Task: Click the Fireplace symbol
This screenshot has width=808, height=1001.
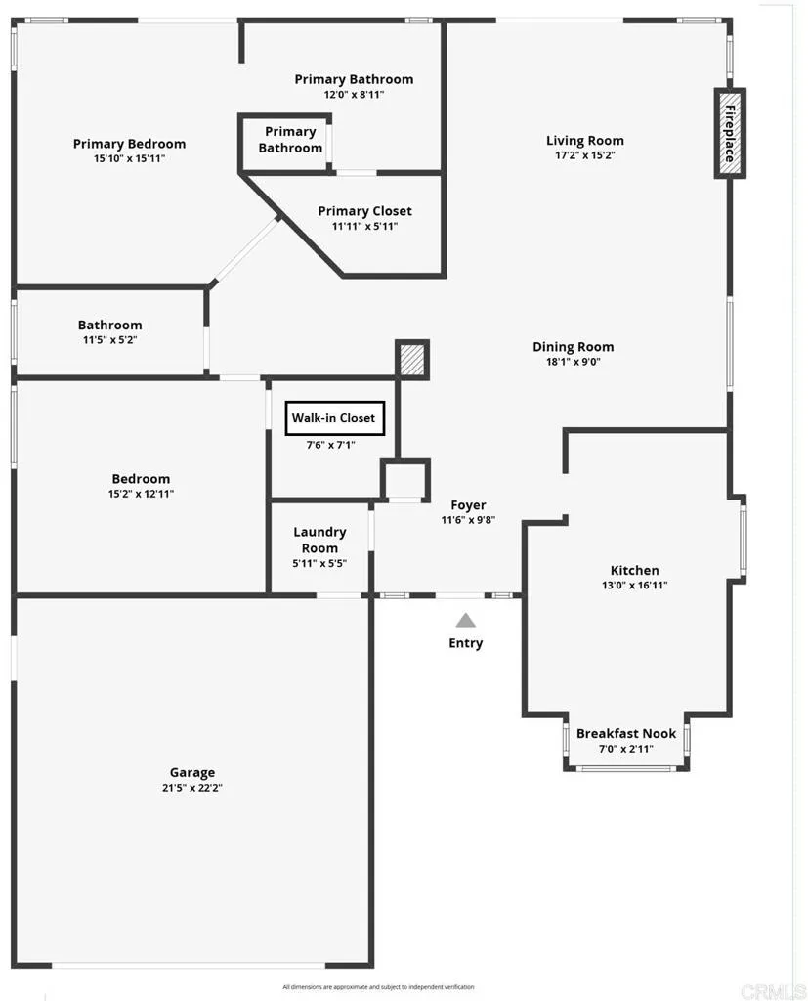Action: pyautogui.click(x=729, y=133)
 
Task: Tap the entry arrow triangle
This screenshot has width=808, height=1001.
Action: pyautogui.click(x=466, y=620)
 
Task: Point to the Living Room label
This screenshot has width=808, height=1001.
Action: pyautogui.click(x=584, y=141)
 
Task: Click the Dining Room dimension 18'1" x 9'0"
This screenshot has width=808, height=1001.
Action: pyautogui.click(x=574, y=362)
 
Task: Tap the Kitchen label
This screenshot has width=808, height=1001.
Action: pyautogui.click(x=634, y=570)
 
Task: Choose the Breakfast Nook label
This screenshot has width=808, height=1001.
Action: pyautogui.click(x=625, y=734)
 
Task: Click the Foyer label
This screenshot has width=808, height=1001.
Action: pyautogui.click(x=468, y=505)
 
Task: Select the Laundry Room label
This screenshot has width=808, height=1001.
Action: pyautogui.click(x=319, y=540)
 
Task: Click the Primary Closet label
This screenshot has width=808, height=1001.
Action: pyautogui.click(x=364, y=211)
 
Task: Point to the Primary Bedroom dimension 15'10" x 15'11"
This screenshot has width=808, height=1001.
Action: pyautogui.click(x=129, y=158)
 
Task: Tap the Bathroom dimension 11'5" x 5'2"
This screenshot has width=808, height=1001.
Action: pyautogui.click(x=109, y=340)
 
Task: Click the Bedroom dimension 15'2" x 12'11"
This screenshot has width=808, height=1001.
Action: pyautogui.click(x=141, y=495)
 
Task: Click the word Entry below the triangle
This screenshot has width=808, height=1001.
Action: pyautogui.click(x=466, y=643)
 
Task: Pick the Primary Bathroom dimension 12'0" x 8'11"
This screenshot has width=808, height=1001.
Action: pyautogui.click(x=354, y=95)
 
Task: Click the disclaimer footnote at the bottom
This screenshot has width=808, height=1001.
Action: pyautogui.click(x=378, y=987)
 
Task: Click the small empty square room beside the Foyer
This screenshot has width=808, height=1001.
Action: pyautogui.click(x=404, y=479)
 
